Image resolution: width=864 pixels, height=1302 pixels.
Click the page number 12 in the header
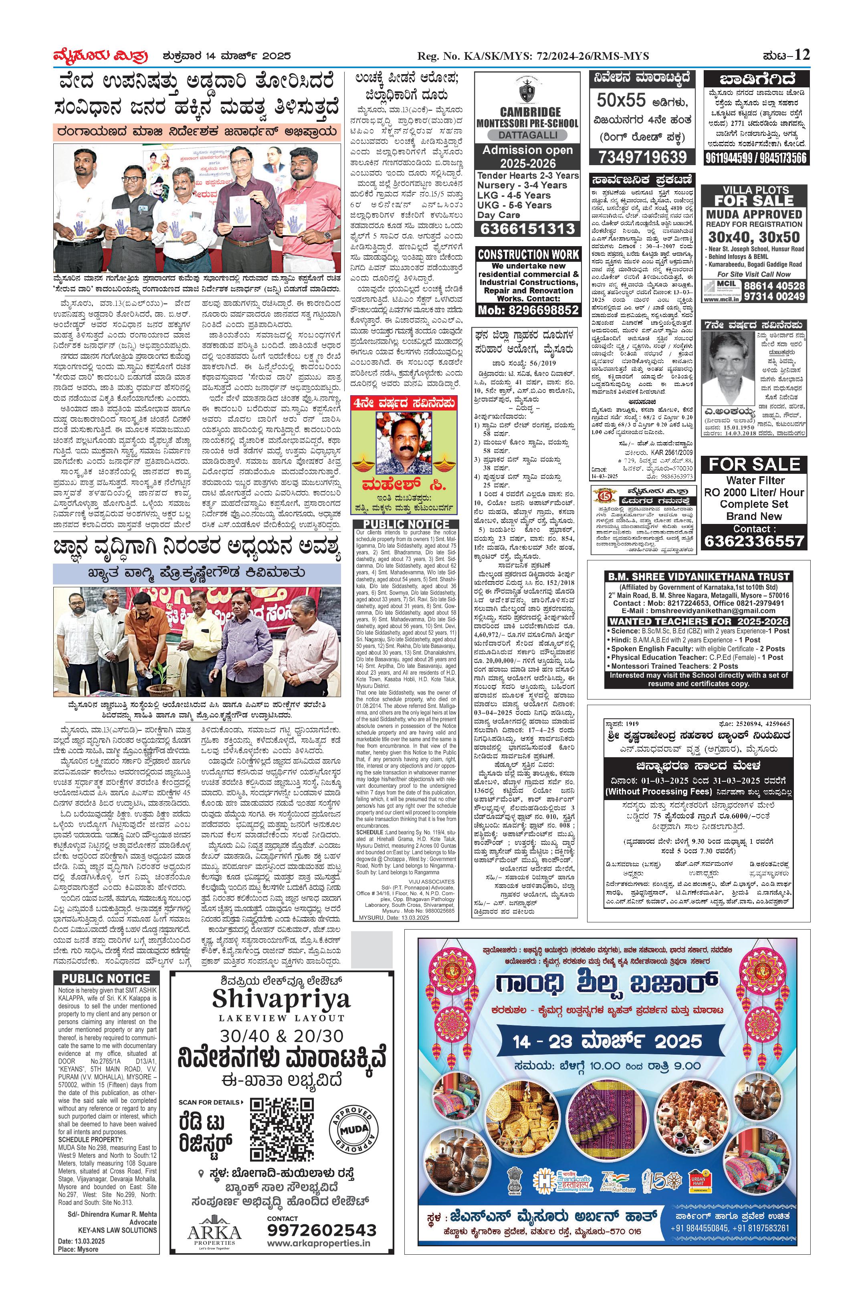[x=802, y=55]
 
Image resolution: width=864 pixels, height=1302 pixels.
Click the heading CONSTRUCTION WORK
[x=528, y=255]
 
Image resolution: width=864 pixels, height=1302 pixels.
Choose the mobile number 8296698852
[x=528, y=310]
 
